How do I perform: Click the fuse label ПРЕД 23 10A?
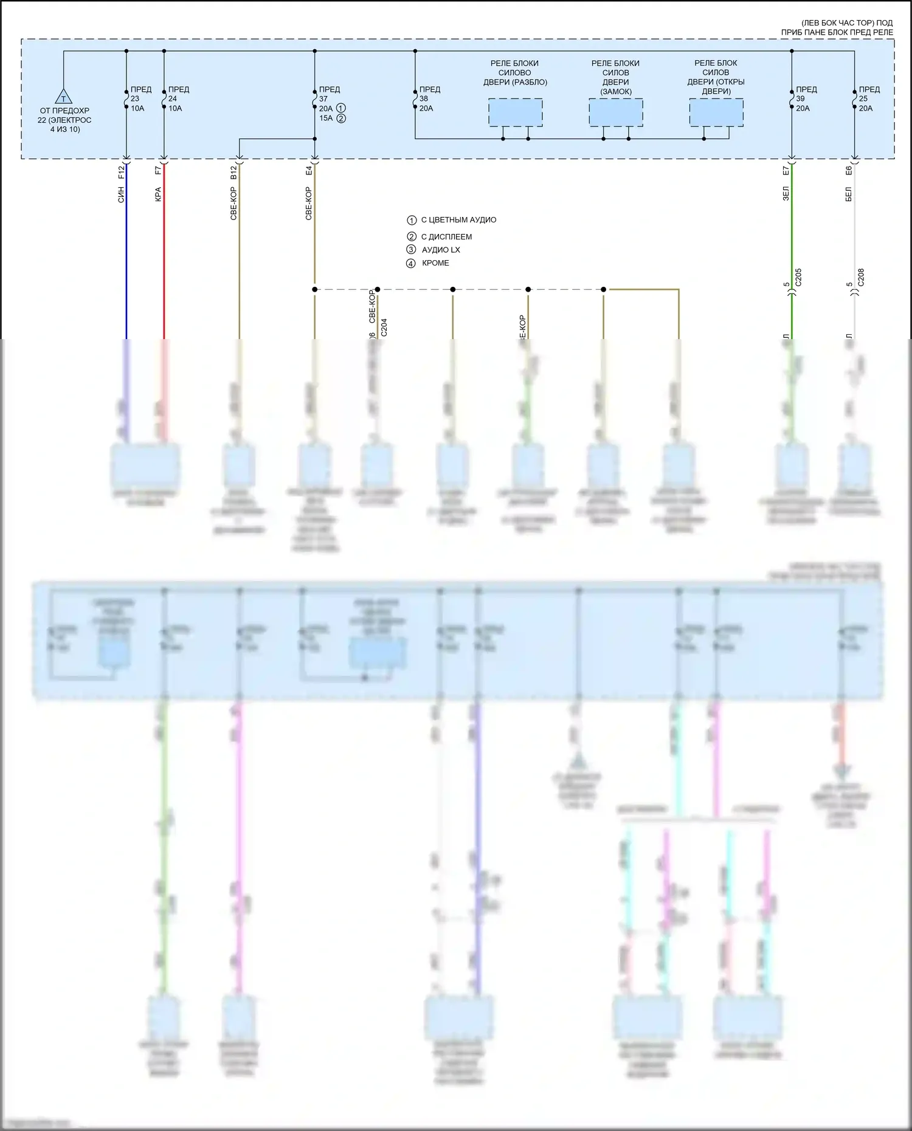[139, 98]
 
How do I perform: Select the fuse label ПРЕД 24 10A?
[177, 98]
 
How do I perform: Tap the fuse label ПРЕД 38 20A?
[428, 98]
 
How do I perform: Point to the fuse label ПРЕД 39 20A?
[805, 98]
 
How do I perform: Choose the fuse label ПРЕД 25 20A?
[868, 98]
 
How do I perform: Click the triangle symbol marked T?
[63, 97]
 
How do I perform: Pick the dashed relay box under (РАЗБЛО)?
[516, 113]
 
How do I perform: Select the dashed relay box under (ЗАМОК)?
[616, 113]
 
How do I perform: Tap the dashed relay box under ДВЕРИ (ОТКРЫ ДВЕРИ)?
[716, 113]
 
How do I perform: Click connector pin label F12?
[121, 171]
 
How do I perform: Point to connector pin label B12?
[233, 173]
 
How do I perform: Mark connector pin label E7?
[786, 171]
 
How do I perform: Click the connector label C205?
[798, 277]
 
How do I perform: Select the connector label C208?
[861, 277]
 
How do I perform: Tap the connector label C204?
[384, 328]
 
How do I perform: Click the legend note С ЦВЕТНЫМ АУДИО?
[458, 220]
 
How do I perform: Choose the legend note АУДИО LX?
[441, 250]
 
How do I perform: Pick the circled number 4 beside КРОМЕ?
[411, 264]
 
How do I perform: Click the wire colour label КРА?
[158, 194]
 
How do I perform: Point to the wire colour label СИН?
[121, 195]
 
